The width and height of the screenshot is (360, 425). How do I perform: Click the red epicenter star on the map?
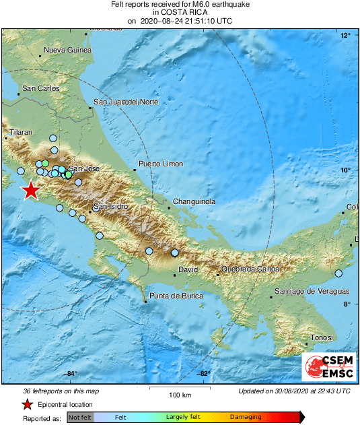30,191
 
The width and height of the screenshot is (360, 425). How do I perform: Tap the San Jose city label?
84,168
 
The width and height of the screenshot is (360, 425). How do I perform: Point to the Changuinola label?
194,201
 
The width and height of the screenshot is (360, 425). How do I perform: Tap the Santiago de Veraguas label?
312,291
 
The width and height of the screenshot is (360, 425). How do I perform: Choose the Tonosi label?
321,337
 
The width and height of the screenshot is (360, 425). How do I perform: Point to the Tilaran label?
20,133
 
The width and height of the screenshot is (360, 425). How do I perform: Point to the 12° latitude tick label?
345,35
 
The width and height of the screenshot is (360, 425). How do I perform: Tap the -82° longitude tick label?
203,374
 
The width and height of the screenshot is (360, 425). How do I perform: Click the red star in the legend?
28,404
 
